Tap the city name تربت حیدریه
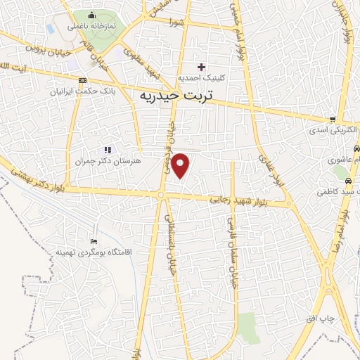click(176, 94)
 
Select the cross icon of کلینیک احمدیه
click(201, 67)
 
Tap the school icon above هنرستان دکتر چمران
click(108, 149)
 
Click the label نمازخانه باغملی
click(91, 27)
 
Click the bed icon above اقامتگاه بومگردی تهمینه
click(95, 240)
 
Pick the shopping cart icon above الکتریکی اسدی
click(333, 120)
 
